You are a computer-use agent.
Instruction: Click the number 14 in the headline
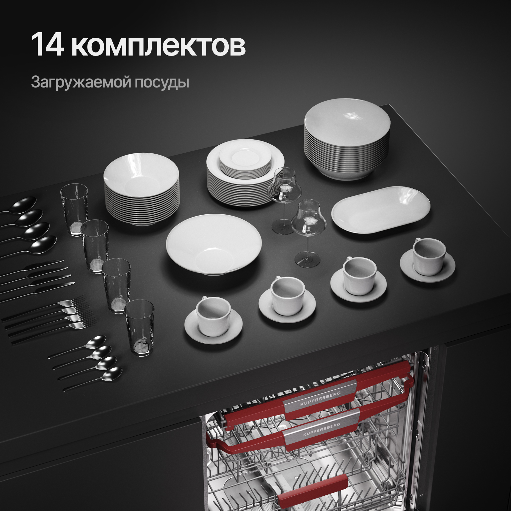[x=47, y=45]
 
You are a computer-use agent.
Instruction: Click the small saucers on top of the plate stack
[x=245, y=161]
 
